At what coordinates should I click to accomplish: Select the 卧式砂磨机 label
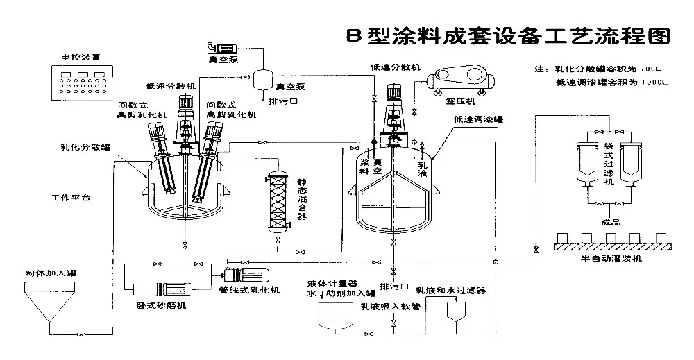[x=160, y=305]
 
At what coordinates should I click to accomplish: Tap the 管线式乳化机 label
[x=249, y=289]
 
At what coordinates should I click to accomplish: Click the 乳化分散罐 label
[x=81, y=146]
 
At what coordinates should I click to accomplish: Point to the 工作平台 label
[x=71, y=198]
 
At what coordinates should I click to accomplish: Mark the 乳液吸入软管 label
[x=391, y=306]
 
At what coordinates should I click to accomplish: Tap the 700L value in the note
[x=654, y=69]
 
